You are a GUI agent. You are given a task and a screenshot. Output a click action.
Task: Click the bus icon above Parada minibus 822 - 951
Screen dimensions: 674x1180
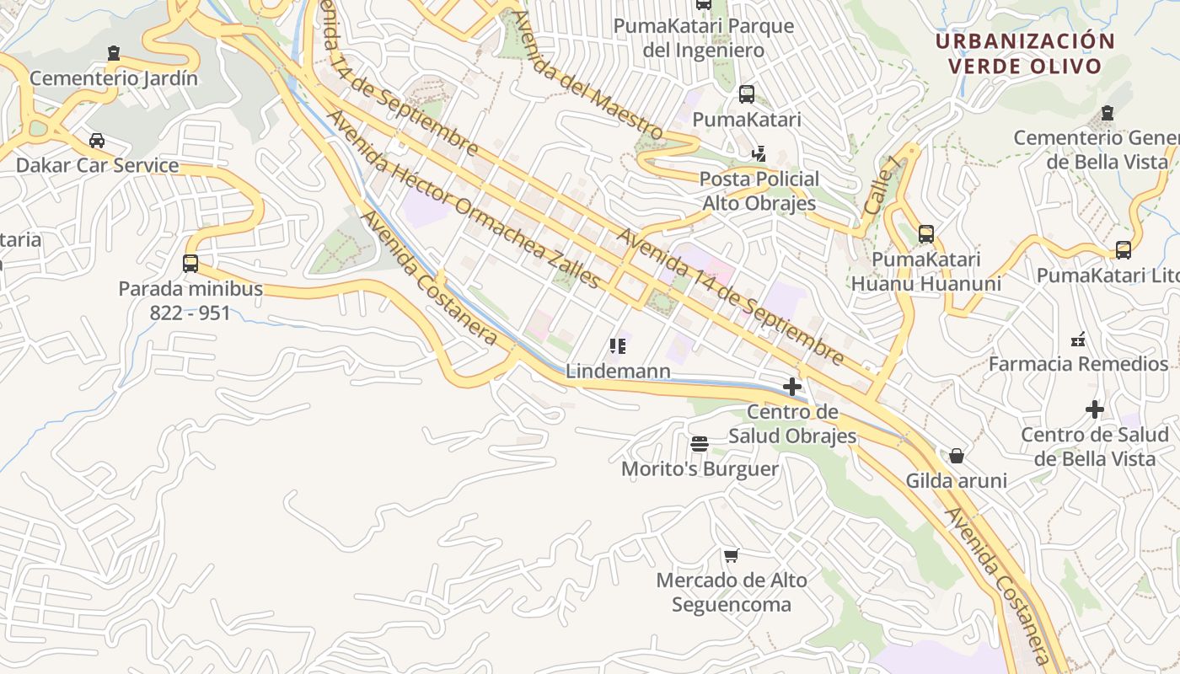pos(190,264)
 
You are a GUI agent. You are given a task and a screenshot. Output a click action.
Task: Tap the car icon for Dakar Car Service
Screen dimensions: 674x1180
pos(97,141)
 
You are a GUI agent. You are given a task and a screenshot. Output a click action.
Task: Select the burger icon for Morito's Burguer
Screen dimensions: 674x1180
pos(700,444)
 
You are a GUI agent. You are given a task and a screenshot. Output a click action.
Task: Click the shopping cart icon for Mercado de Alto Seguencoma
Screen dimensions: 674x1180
pos(732,555)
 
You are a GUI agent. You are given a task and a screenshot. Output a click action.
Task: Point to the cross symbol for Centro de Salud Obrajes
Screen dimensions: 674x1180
pos(792,387)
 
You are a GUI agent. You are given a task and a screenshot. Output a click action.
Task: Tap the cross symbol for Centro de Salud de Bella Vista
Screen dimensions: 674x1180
pos(1095,409)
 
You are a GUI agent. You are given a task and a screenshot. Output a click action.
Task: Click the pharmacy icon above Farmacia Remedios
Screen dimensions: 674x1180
pos(1078,340)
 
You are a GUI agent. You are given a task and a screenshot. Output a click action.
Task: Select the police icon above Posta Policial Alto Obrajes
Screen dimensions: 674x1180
pos(759,154)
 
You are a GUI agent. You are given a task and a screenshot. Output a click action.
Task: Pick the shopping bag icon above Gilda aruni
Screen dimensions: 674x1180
pos(957,456)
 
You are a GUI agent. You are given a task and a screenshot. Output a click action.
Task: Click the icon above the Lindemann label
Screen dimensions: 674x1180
pos(618,346)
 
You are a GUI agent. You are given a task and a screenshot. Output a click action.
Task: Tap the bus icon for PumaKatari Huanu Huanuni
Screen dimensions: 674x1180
pos(926,234)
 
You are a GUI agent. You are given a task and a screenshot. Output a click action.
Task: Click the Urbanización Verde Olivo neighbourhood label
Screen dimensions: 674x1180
pos(1025,53)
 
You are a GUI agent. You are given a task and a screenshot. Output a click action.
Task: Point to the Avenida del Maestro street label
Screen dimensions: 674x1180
pos(587,76)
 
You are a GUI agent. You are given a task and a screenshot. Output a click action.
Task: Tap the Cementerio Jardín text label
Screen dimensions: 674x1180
pos(114,78)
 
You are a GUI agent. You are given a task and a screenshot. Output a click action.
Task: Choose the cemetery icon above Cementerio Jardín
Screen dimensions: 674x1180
pos(114,54)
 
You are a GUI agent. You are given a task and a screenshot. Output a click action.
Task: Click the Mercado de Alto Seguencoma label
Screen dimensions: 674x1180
pos(732,592)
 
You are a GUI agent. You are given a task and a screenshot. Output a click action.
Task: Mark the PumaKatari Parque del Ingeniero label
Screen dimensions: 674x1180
pos(704,38)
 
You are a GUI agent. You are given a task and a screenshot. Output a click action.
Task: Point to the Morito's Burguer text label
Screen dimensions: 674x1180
pos(700,469)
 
